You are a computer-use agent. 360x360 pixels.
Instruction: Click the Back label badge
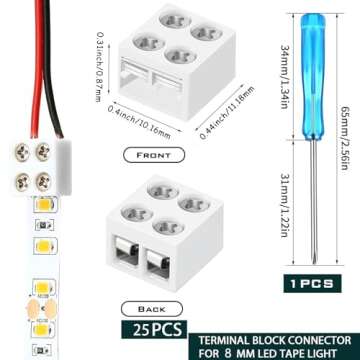pos(149,311)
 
